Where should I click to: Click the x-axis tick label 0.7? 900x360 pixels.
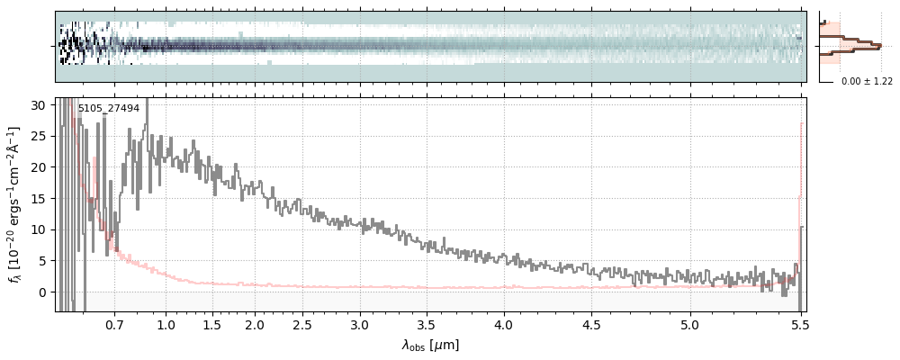tap(114, 324)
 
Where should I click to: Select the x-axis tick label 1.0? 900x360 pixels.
tap(166, 324)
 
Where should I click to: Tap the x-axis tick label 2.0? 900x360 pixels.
tap(255, 324)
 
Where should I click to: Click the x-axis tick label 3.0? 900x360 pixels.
tap(360, 324)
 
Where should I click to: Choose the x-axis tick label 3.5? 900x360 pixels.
tap(431, 324)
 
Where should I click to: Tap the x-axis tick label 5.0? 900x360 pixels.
tap(690, 324)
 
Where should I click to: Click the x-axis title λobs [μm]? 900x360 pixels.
tap(430, 345)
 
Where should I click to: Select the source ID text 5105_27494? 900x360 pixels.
tap(108, 109)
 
